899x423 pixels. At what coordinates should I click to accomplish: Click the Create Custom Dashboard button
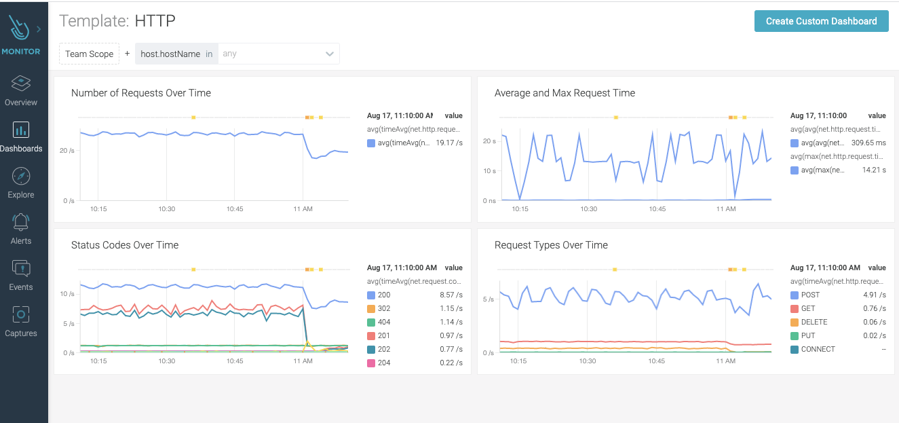[821, 21]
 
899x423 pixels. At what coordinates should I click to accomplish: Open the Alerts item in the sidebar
[21, 228]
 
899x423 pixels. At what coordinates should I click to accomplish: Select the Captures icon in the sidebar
[21, 314]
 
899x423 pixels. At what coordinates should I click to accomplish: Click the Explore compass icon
[21, 176]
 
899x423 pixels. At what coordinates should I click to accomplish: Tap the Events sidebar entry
[21, 274]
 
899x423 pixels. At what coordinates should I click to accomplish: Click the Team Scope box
[89, 54]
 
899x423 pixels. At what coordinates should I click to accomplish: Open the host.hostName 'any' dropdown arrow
[330, 54]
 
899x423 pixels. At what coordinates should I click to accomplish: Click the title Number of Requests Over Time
[141, 93]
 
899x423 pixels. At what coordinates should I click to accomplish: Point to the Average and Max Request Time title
[565, 93]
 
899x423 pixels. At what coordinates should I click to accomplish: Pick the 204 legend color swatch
[371, 363]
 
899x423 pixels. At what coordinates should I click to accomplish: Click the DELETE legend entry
[814, 322]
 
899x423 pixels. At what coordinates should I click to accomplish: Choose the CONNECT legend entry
[818, 349]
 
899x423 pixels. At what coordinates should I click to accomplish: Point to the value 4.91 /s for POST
[874, 295]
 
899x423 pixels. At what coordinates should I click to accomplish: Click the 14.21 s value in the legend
[873, 170]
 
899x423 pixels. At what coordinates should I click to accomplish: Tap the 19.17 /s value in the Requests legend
[449, 143]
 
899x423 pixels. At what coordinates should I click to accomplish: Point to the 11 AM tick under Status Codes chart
[303, 361]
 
